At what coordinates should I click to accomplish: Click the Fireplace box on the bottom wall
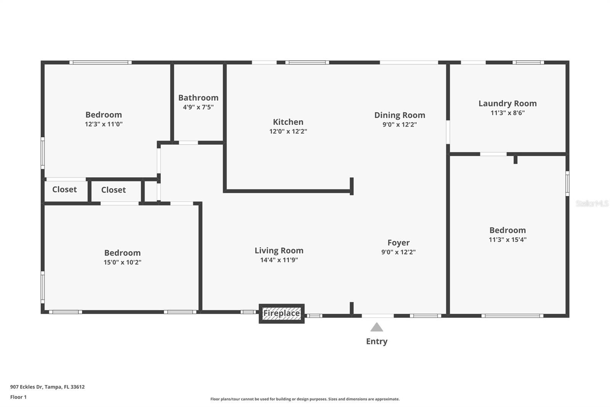tap(282, 313)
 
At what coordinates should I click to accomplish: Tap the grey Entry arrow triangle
tap(377, 327)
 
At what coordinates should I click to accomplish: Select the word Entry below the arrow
tap(377, 342)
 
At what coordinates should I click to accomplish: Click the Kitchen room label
tap(288, 122)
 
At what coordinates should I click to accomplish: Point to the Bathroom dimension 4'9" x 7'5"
tap(198, 107)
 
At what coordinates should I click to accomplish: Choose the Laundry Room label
tap(507, 104)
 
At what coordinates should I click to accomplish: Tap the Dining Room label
tap(400, 115)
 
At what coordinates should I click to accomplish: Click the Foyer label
tap(398, 243)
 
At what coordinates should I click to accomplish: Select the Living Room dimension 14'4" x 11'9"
tap(279, 260)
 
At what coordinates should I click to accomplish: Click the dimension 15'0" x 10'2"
tap(122, 262)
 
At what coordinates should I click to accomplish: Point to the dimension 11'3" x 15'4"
tap(507, 240)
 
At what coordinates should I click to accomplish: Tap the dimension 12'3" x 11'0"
tap(103, 124)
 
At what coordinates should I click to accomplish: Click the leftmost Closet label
tap(64, 189)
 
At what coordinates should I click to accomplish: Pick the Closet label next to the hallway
tap(114, 190)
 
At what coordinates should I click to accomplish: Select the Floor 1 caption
tap(19, 397)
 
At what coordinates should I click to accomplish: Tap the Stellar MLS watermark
tap(592, 203)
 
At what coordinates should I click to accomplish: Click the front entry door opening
tap(378, 316)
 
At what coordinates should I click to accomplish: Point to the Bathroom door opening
tap(188, 143)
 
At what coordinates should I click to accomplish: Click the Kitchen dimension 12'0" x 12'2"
tap(288, 131)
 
